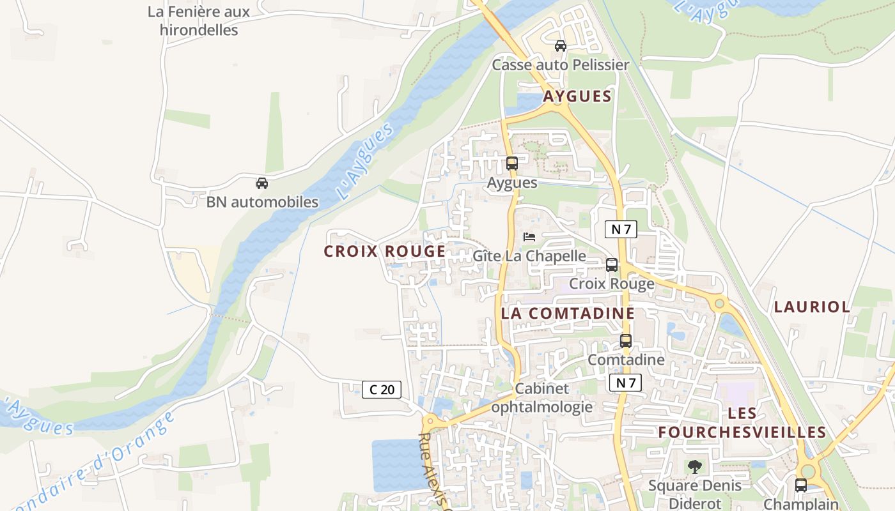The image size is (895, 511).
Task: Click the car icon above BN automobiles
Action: (261, 183)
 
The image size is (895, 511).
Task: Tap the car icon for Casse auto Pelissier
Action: (560, 46)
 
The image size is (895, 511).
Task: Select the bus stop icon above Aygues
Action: (511, 164)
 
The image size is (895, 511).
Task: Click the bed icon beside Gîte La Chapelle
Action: (529, 237)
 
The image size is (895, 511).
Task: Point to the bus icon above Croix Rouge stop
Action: (611, 265)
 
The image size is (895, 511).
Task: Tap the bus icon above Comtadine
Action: (625, 341)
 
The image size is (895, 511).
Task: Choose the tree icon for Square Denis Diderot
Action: (695, 467)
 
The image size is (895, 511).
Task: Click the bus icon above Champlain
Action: (800, 485)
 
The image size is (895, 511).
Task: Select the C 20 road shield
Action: (382, 389)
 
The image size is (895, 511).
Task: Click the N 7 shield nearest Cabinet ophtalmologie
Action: (625, 383)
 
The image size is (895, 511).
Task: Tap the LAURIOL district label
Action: (812, 307)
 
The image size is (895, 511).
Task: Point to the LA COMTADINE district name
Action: (568, 313)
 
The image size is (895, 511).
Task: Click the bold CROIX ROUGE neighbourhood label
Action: (384, 252)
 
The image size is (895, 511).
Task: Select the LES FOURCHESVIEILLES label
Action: (742, 423)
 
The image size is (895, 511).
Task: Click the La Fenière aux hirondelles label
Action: (199, 21)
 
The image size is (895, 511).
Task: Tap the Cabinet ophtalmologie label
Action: (541, 397)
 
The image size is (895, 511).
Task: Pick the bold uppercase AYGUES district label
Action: (577, 96)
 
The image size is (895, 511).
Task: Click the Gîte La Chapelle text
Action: (529, 256)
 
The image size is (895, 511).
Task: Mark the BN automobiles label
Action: (262, 202)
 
